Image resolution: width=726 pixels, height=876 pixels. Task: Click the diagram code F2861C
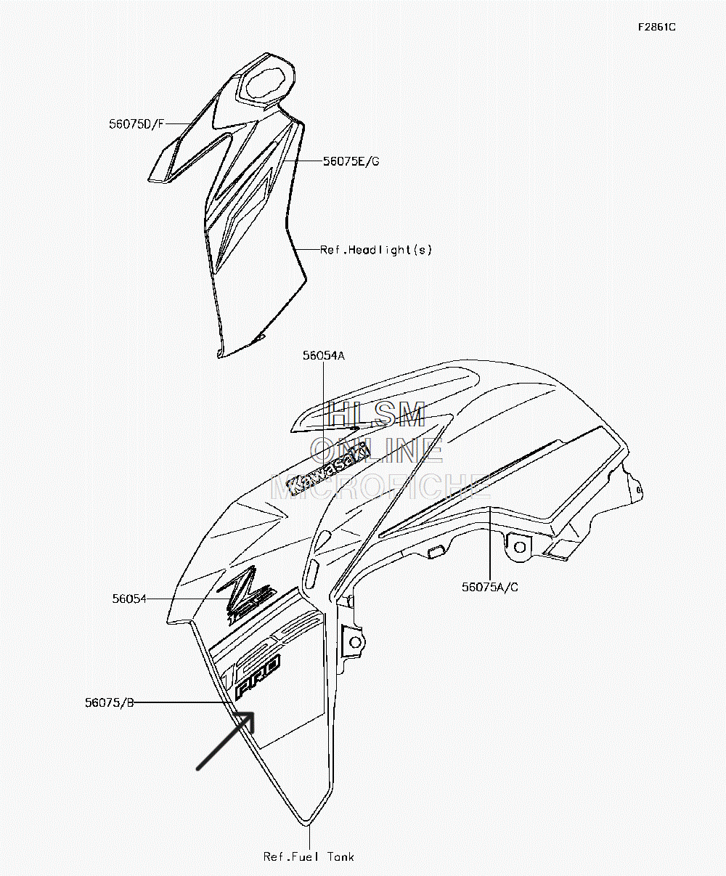click(x=657, y=28)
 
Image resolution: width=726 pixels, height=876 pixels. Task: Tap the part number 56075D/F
click(x=136, y=124)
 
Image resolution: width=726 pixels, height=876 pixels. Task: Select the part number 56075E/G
click(x=351, y=161)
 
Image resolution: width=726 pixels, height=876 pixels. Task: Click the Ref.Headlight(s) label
click(x=376, y=250)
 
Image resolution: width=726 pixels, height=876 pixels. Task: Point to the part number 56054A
click(x=323, y=356)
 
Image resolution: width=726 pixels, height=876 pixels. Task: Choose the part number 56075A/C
click(x=490, y=588)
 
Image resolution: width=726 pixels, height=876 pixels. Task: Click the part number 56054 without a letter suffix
click(x=129, y=599)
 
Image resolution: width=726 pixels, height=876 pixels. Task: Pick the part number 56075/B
click(x=110, y=702)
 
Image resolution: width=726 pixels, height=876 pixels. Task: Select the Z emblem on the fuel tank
click(x=247, y=595)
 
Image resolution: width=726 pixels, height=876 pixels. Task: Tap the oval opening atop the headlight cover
click(x=268, y=84)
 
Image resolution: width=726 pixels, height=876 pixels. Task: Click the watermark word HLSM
click(x=377, y=414)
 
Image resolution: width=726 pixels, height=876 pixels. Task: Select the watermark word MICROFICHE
click(x=381, y=487)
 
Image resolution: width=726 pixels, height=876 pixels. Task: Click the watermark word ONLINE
click(x=377, y=450)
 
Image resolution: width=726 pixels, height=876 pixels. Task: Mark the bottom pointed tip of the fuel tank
click(x=309, y=825)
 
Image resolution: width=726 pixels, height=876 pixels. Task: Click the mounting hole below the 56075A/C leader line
click(x=520, y=547)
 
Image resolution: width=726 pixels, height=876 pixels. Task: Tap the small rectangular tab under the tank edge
click(x=436, y=552)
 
